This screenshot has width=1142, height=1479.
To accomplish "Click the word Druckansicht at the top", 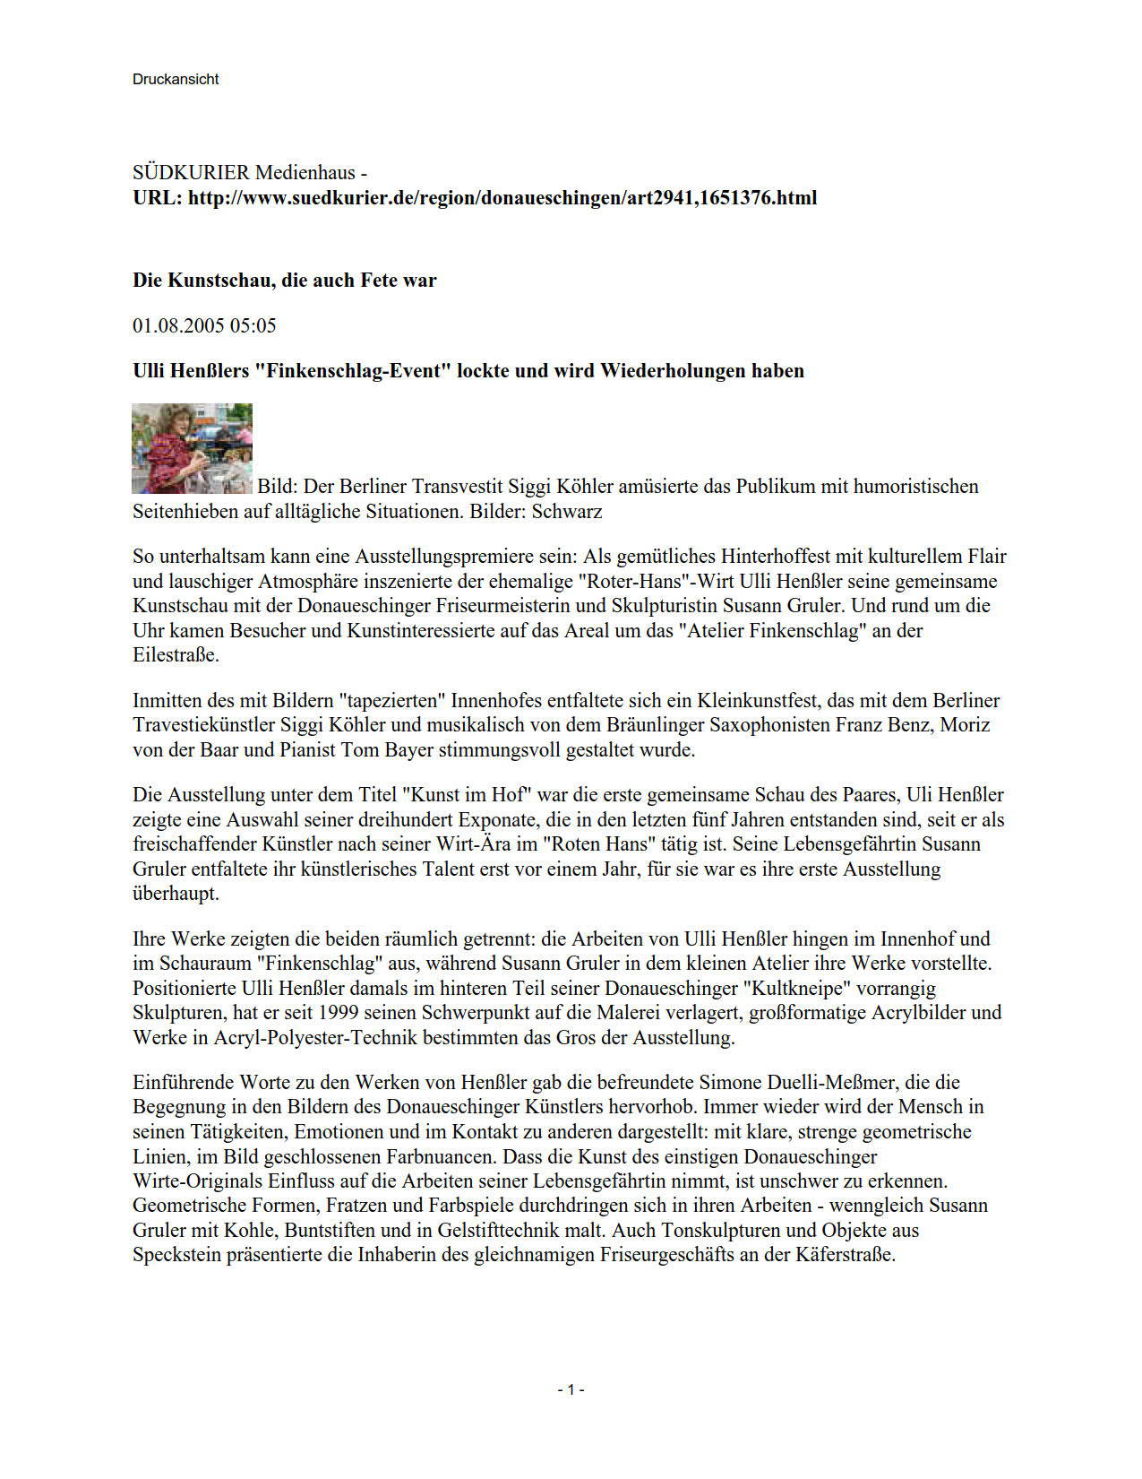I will pos(176,79).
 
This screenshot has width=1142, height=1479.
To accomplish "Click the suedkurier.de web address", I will pos(502,197).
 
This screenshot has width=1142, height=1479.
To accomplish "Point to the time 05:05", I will pos(253,325).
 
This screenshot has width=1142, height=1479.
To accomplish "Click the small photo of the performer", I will pos(192,448).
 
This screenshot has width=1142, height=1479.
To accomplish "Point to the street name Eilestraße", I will pos(175,654).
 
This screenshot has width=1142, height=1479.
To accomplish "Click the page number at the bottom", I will pos(571,1389).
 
